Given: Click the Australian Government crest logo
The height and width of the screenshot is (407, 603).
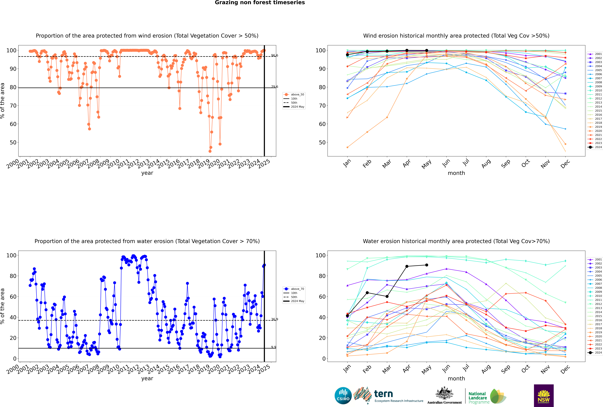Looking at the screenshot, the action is [444, 396].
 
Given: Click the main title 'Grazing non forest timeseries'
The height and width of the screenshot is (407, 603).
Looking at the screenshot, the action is [260, 3].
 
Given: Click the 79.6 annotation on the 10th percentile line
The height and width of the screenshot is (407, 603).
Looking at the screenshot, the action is [275, 87].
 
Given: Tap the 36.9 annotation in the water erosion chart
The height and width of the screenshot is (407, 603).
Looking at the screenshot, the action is [275, 319].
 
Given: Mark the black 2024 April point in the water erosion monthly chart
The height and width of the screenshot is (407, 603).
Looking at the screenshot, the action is [407, 266].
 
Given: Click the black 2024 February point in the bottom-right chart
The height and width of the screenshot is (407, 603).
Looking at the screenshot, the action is [367, 293].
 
